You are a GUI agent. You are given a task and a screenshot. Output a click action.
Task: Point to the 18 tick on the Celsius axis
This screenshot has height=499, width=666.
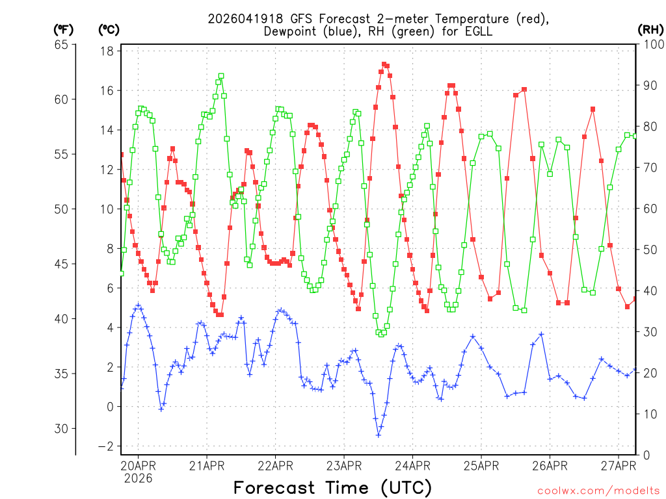[108, 51]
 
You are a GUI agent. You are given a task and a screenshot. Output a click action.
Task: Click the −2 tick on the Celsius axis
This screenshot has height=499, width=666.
[106, 446]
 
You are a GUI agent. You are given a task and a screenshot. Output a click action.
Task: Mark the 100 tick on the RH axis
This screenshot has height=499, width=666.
[651, 45]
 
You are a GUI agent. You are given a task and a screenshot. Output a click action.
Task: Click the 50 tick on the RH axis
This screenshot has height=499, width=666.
[648, 250]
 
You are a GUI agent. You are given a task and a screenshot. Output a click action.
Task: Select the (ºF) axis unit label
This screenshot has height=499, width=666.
[63, 29]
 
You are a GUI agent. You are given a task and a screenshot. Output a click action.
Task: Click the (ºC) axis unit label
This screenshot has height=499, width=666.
[109, 29]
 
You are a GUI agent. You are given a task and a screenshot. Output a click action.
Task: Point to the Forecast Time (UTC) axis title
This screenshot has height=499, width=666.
[332, 487]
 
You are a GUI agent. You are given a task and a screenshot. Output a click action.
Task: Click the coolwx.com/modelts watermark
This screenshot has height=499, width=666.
[598, 489]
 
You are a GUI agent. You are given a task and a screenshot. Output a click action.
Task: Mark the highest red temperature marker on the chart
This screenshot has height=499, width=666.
[384, 64]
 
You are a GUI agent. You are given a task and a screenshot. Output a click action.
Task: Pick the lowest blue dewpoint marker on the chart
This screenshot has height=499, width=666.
[379, 435]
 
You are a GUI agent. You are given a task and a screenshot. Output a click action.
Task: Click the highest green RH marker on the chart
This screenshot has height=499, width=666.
[221, 76]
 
